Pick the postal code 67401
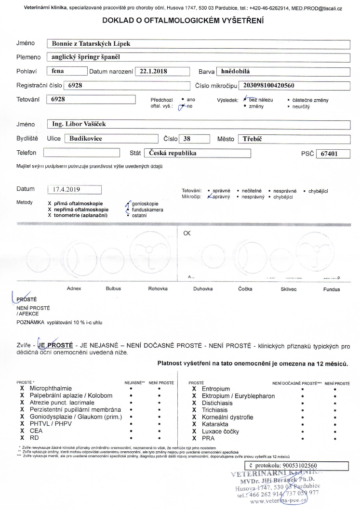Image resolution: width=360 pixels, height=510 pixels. pyautogui.click(x=333, y=154)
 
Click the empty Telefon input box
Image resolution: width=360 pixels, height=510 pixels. pyautogui.click(x=81, y=154)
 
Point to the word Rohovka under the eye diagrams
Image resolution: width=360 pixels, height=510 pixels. pyautogui.click(x=158, y=289)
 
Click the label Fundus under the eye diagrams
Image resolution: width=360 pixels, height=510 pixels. pyautogui.click(x=331, y=289)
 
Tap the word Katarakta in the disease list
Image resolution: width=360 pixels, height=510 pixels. pyautogui.click(x=216, y=425)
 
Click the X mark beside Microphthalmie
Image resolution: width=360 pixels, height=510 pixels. pyautogui.click(x=22, y=388)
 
